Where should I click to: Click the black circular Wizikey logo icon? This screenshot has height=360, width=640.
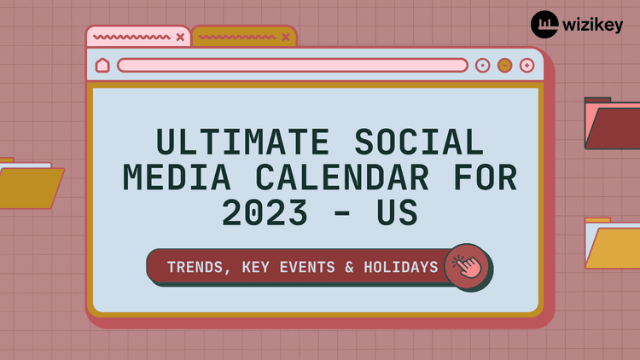[x=544, y=25]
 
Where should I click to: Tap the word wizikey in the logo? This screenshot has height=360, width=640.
[x=592, y=25]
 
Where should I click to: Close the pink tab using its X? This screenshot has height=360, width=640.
[x=179, y=37]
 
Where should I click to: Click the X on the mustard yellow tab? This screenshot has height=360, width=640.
[x=285, y=37]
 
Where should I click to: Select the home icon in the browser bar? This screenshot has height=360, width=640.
[x=102, y=65]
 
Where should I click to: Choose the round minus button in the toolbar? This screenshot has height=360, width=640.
[x=504, y=65]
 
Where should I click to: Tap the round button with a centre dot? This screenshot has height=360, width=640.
[x=482, y=65]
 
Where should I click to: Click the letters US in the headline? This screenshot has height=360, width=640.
[x=396, y=214]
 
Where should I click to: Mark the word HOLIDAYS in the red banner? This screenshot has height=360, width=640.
[x=396, y=267]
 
